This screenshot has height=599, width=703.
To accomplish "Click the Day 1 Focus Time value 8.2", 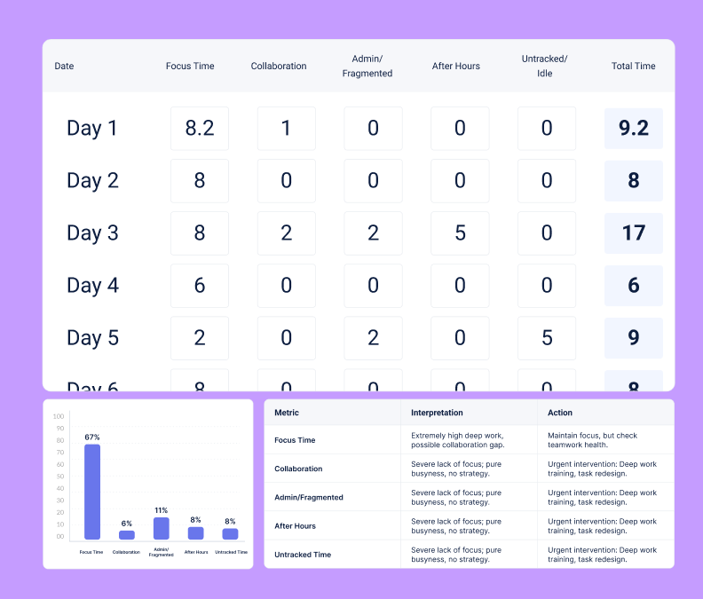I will pos(200,129).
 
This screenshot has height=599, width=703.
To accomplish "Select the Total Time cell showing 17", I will pos(634,233).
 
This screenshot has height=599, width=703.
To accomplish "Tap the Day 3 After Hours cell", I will pos(460,233).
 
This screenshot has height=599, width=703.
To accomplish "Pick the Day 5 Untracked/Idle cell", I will pos(547,338).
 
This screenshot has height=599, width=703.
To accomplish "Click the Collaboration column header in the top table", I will pos(279,67).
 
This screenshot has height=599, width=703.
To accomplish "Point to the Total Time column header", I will pos(634,67).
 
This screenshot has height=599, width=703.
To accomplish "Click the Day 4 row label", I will pos(92,286).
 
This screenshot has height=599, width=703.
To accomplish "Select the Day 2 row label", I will pos(92,181).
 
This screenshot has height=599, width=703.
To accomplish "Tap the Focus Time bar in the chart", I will pos(92,492).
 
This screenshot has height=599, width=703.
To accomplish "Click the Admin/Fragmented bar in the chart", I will pos(162,528).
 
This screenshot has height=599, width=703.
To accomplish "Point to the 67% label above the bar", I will pos(92,437).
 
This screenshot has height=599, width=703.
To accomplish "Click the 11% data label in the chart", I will pos(162,510).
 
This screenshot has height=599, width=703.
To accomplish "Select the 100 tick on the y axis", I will pos(59,416).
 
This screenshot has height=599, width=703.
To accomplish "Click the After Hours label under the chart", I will pos(196,552).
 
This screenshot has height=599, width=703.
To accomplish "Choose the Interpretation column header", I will pos(437,413).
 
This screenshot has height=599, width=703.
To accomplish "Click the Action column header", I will pos(560,413).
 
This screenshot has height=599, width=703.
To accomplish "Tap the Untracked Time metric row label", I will pos(303,555).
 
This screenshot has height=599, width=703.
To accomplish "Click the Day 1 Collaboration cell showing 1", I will pos(286,129).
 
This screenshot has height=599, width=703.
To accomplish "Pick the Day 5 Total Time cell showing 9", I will pos(634,338).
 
